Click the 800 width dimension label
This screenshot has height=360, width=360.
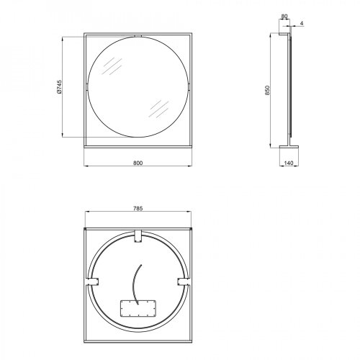[138, 163]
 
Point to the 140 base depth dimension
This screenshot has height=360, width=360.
[289, 163]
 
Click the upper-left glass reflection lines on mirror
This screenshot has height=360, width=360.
[112, 68]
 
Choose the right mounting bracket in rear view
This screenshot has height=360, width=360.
[184, 281]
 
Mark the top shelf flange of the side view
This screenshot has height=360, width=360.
[284, 33]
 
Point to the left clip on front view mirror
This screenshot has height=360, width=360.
[86, 87]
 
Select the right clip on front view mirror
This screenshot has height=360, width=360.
[191, 87]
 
